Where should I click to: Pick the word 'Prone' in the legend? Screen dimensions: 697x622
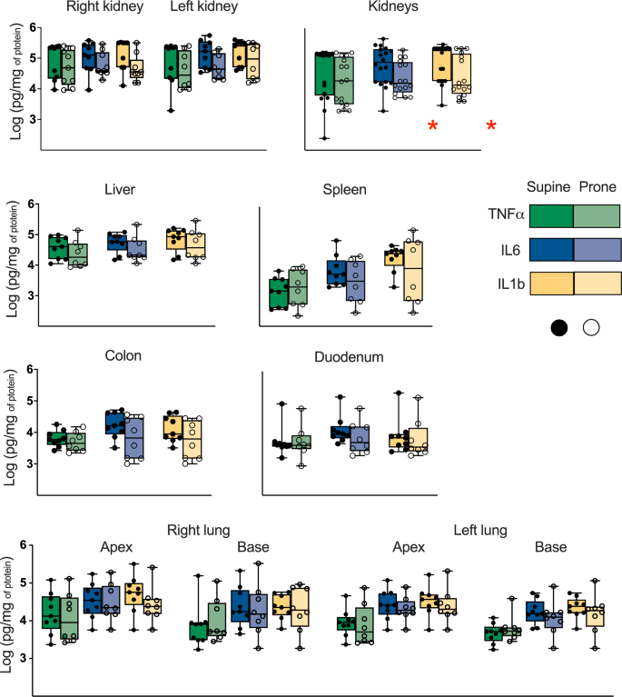(597, 188)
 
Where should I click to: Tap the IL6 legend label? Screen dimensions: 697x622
(508, 250)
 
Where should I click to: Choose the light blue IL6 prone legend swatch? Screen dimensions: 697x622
(597, 250)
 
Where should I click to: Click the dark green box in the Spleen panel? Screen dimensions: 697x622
(279, 294)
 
